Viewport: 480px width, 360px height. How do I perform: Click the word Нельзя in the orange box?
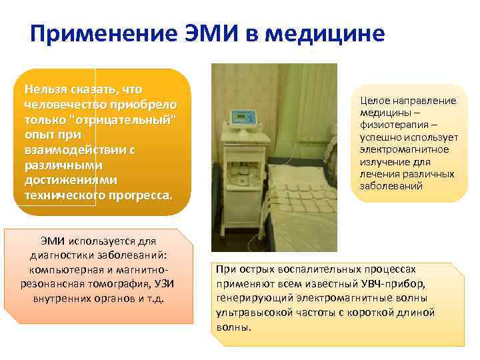(x=42, y=89)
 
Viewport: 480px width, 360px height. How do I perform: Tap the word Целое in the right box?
(x=374, y=101)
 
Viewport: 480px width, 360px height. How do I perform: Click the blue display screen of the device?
(x=239, y=117)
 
